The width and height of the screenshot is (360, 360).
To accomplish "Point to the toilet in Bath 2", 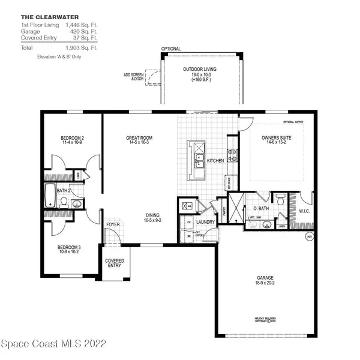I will point(76,204).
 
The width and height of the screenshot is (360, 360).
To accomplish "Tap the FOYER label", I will point(112,225).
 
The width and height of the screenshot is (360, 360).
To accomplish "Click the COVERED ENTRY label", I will point(114,264).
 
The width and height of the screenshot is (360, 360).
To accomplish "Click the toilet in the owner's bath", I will point(280,198).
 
